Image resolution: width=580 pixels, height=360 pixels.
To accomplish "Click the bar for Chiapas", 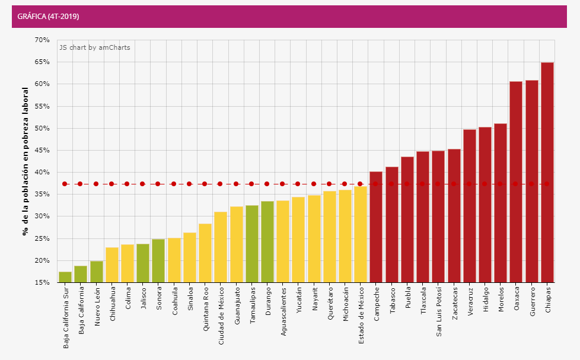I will coord(547,172).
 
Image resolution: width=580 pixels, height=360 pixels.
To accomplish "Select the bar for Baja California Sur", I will coord(65,277).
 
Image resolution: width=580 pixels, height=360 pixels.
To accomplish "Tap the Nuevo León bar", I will coord(96,272).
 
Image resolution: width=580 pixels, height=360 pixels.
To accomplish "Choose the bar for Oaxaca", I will coord(516,181).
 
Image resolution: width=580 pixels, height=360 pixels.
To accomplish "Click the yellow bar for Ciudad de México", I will coord(221,247).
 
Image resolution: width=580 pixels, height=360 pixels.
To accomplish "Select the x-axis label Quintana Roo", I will coord(205,309).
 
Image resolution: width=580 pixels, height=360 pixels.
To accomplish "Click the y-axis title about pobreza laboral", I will coord(26,161).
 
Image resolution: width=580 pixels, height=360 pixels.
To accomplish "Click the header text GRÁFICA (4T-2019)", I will coord(49,17).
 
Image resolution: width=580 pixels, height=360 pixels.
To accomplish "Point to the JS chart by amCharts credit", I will coord(94,47).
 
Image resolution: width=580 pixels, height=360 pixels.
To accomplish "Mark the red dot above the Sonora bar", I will coord(158,184).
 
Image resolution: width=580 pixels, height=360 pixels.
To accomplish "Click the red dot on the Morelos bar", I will coord(500,184).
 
